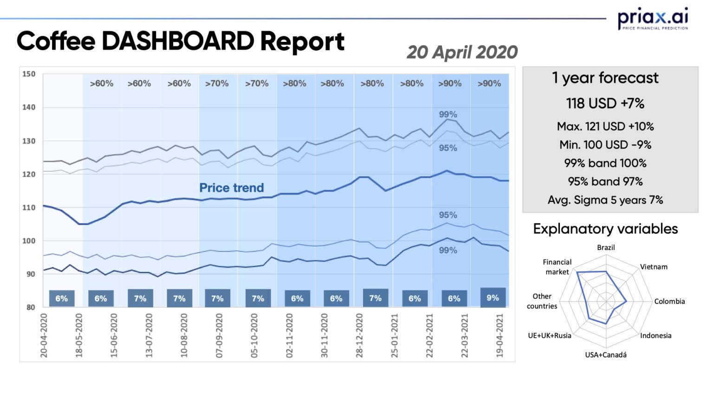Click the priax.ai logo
pos(653,19)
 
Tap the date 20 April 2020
pos(462,52)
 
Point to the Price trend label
pos(231,188)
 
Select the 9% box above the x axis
pos(493,298)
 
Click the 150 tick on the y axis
pos(29,74)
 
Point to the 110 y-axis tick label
pos(29,208)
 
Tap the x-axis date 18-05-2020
pos(79,335)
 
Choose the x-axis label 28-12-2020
pos(359,335)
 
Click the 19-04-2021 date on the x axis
pos(500,335)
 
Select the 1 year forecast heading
pos(605,78)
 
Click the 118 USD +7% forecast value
pos(605,103)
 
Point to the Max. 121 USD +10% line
pos(605,126)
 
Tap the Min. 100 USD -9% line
pos(605,145)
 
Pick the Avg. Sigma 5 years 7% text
pos(605,200)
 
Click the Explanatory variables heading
pos(605,229)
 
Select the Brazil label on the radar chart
pos(605,248)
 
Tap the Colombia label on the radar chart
pos(669,301)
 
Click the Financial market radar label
pos(557,267)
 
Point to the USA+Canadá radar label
pos(605,355)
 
